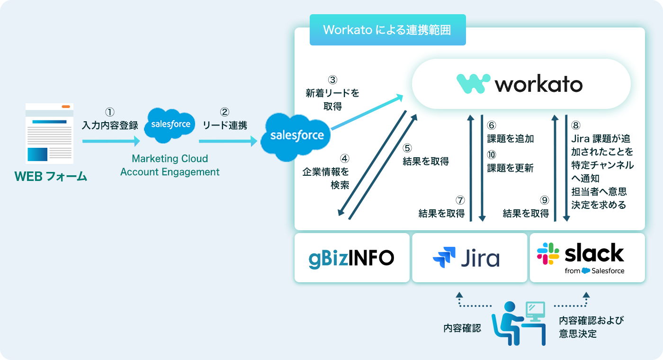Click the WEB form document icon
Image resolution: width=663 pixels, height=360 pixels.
click(x=50, y=134)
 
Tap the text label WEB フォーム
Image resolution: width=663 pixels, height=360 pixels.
click(x=51, y=177)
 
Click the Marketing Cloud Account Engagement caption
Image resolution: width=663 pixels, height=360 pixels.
click(x=170, y=165)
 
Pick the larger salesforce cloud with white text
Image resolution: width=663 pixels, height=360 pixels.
click(x=297, y=135)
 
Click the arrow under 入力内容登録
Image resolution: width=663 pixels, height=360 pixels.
click(x=111, y=141)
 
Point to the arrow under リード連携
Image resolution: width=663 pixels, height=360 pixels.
click(x=228, y=141)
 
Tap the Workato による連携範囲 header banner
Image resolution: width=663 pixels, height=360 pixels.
click(x=387, y=30)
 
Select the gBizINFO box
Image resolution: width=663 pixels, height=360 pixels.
click(x=351, y=258)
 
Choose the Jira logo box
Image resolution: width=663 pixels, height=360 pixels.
click(x=469, y=258)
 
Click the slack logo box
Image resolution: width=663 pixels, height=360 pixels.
click(x=587, y=258)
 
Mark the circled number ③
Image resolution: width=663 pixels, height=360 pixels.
click(x=333, y=80)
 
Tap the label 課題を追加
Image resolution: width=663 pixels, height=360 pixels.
click(x=511, y=139)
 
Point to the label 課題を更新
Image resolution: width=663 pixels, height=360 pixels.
click(x=511, y=168)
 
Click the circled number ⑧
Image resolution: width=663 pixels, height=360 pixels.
click(x=576, y=126)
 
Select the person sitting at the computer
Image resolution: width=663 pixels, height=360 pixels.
click(x=516, y=322)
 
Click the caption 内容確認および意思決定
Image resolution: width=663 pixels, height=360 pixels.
click(x=591, y=327)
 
